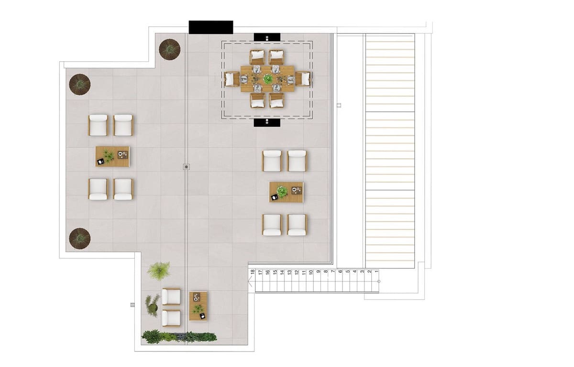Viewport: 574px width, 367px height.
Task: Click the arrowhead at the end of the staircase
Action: (250, 282)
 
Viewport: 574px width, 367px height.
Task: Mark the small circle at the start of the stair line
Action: (379, 281)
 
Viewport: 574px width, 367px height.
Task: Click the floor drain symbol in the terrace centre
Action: (186, 167)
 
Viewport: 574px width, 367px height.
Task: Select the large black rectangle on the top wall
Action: (210, 27)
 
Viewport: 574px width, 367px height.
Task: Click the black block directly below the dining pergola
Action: (267, 123)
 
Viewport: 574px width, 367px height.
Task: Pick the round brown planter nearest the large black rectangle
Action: (170, 49)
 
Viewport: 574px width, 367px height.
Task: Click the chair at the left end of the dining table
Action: (232, 79)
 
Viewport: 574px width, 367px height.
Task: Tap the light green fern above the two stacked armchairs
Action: (158, 270)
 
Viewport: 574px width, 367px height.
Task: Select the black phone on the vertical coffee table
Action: (201, 316)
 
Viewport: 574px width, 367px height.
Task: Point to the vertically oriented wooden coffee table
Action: (198, 306)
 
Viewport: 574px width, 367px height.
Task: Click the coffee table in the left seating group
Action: (112, 156)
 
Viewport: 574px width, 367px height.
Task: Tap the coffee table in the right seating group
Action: (286, 192)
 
